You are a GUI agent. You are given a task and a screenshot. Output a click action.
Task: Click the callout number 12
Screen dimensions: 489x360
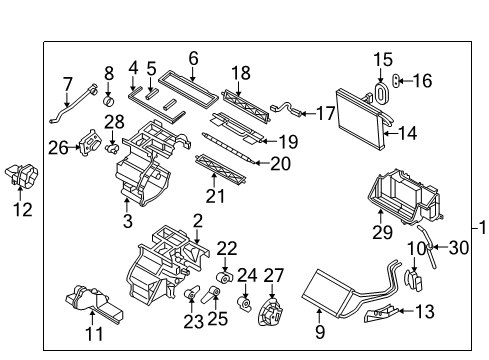click(23, 209)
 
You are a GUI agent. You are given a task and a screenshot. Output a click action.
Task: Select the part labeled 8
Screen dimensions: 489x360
click(108, 100)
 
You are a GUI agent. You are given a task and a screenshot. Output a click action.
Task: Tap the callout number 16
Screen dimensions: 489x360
click(423, 81)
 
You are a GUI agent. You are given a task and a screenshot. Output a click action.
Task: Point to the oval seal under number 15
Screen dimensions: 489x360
click(380, 93)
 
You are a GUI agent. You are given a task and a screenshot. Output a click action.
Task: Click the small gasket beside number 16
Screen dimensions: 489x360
click(396, 80)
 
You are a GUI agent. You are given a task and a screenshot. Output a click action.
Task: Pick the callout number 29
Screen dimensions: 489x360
click(382, 232)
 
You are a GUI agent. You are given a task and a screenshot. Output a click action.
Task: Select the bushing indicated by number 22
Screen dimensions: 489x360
click(225, 277)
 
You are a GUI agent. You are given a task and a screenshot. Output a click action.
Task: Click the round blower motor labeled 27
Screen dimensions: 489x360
click(271, 312)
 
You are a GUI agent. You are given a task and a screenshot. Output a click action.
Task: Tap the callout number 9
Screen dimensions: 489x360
click(320, 331)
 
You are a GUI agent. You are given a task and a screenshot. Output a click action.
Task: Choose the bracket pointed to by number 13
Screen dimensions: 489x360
click(381, 313)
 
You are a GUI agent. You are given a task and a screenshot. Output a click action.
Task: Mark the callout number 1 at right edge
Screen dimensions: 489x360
click(482, 228)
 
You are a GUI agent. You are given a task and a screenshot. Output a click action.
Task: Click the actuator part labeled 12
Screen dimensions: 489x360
click(22, 175)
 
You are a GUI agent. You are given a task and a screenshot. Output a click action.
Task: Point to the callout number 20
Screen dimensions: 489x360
click(280, 164)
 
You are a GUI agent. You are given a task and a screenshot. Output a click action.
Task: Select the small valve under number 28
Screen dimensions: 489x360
click(112, 148)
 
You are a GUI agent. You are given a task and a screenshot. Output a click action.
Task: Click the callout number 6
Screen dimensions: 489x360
click(193, 58)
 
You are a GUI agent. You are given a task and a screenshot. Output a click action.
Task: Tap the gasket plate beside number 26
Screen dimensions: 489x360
click(90, 143)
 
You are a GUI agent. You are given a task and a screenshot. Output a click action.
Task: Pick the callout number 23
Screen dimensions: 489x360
click(194, 322)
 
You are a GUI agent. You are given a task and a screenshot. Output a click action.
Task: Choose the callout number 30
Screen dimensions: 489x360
click(459, 248)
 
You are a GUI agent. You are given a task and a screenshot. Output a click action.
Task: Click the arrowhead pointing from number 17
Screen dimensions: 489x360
click(302, 114)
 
